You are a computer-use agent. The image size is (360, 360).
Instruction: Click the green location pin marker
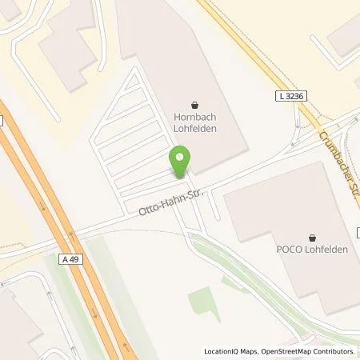click(x=181, y=162)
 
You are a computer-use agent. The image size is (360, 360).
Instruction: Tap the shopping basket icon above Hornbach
click(x=195, y=104)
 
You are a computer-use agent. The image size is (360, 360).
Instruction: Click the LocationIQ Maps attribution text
click(x=232, y=351)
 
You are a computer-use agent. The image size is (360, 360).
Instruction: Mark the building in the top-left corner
click(x=68, y=40)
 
